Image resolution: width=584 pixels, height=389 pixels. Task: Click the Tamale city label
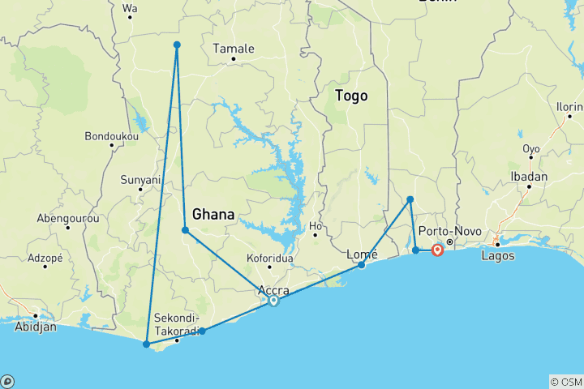click(x=233, y=49)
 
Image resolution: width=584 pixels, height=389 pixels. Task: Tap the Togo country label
click(x=351, y=96)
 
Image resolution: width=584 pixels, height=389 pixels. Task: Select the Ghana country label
click(x=213, y=215)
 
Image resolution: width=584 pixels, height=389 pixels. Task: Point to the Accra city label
click(x=273, y=290)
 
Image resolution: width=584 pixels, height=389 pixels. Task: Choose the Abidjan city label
click(x=35, y=327)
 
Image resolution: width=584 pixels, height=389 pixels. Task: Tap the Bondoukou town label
click(x=111, y=136)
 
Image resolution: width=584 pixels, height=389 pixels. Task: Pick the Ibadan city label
click(x=529, y=177)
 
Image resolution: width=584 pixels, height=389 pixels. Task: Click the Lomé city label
click(x=362, y=254)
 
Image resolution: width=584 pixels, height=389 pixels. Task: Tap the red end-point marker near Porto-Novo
click(x=437, y=250)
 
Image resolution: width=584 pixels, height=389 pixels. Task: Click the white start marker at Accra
click(x=274, y=301)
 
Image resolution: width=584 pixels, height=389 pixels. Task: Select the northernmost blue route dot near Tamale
click(x=177, y=45)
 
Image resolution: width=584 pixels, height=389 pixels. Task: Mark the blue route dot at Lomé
click(x=361, y=265)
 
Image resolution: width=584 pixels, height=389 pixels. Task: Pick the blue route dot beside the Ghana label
click(x=186, y=230)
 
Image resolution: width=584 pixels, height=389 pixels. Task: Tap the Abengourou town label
click(x=67, y=218)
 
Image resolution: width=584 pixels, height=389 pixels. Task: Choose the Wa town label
click(x=129, y=9)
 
